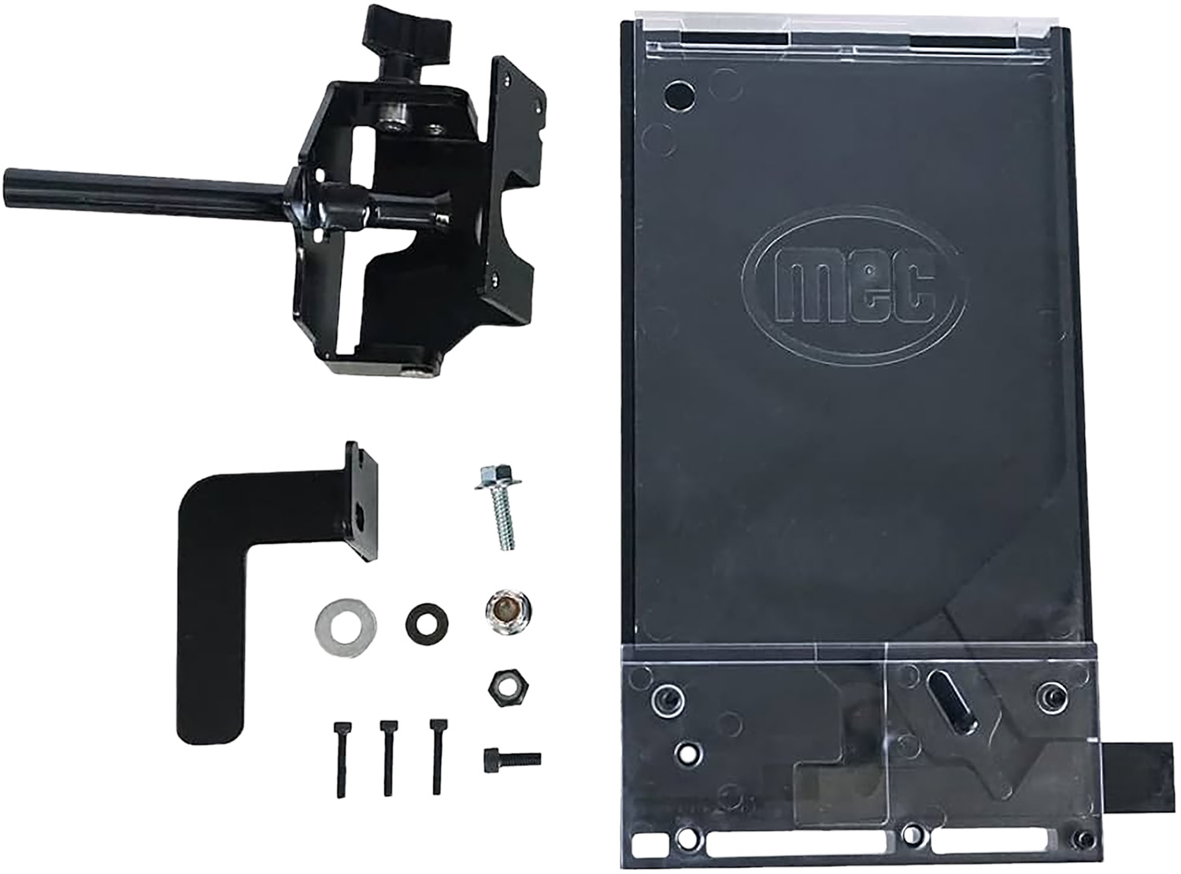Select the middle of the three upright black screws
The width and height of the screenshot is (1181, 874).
(x=387, y=756)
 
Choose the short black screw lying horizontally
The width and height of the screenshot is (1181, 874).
(x=511, y=758)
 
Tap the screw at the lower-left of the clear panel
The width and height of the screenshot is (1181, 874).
(x=665, y=696)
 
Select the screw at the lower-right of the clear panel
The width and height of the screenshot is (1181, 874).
(x=1050, y=694)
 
